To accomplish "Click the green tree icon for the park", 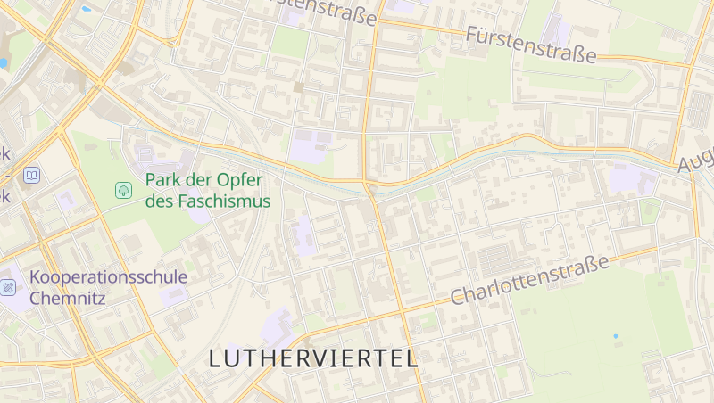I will [x=122, y=189].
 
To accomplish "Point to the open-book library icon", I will [x=32, y=176].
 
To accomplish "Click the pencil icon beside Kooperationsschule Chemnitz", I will [x=8, y=287].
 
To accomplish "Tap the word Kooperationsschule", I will [x=108, y=277].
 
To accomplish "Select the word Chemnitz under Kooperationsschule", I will [x=68, y=298].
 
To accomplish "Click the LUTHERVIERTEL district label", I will [x=313, y=358].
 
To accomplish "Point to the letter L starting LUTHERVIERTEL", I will [x=215, y=358].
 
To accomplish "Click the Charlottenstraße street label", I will [x=529, y=279].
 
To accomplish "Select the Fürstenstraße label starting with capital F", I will [x=531, y=44].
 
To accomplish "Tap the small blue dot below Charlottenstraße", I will [x=615, y=336].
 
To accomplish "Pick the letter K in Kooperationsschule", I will [x=36, y=277].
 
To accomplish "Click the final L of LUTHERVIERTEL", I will [x=411, y=358].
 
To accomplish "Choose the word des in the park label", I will [x=157, y=201].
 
